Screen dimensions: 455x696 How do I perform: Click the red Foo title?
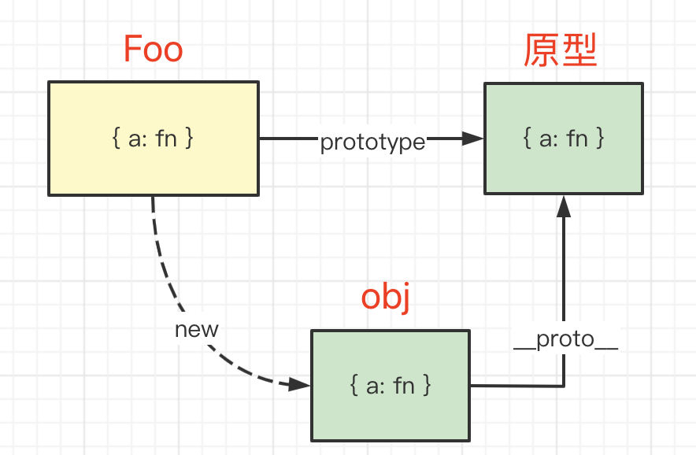(154, 50)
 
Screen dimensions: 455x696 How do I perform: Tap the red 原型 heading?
(561, 51)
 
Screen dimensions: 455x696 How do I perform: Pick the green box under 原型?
(563, 169)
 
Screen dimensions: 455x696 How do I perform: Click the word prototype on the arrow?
(372, 142)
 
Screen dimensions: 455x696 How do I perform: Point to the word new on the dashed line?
(197, 329)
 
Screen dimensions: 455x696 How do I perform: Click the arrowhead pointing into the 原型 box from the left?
(472, 139)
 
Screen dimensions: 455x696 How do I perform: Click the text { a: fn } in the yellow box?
(154, 139)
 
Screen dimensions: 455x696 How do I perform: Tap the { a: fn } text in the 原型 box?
(564, 139)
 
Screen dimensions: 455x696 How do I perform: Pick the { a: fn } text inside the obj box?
(391, 385)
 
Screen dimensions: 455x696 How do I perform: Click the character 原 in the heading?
(542, 51)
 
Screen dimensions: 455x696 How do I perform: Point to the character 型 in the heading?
(579, 51)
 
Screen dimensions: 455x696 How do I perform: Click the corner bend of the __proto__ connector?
(564, 386)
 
